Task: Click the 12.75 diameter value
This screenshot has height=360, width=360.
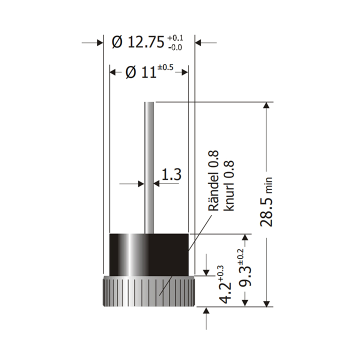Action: pos(145,42)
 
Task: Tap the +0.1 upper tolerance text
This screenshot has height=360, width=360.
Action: pos(175,38)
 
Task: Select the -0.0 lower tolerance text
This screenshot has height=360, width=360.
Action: pos(175,47)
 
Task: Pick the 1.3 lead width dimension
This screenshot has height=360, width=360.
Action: pos(171,175)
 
